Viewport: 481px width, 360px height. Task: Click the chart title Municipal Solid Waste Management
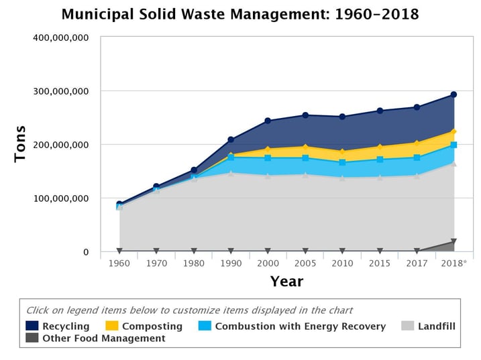click(x=240, y=14)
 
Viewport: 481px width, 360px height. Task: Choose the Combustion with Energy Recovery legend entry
click(x=292, y=326)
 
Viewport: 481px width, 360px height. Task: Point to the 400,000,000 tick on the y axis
click(x=61, y=38)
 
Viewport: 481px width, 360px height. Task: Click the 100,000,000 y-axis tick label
click(x=61, y=198)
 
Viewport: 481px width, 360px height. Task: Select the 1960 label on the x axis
click(x=119, y=263)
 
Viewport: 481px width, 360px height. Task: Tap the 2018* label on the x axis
click(x=453, y=263)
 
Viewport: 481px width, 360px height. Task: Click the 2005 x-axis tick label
click(x=305, y=263)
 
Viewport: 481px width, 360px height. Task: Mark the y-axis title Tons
click(x=20, y=143)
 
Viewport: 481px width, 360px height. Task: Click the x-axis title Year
click(x=286, y=282)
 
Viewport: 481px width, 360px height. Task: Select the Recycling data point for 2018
click(x=453, y=95)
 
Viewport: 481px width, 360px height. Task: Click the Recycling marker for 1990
click(x=231, y=140)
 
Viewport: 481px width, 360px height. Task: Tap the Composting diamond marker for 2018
click(x=453, y=132)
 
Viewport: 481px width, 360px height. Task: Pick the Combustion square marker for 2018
click(x=453, y=145)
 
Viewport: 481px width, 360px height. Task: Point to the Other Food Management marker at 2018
click(x=453, y=242)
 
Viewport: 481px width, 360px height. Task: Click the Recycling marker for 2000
click(x=268, y=121)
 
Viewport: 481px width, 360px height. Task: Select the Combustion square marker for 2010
click(x=342, y=162)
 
